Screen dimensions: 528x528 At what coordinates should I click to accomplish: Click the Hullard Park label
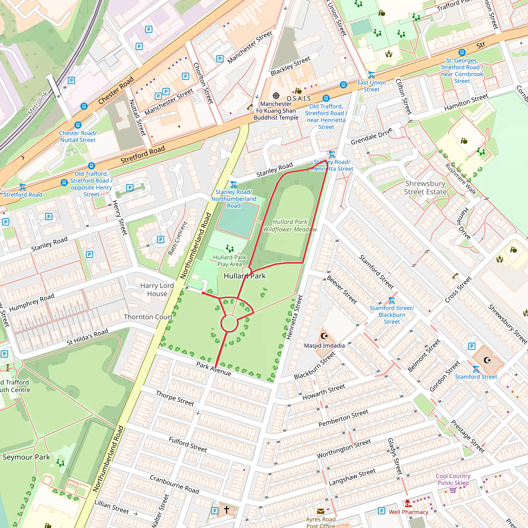[x=244, y=276]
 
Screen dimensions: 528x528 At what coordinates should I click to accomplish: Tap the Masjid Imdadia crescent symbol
[x=324, y=336]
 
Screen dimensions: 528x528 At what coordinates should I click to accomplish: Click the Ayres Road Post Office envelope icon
[x=320, y=511]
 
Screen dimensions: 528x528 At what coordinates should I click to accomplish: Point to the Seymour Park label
[x=26, y=457]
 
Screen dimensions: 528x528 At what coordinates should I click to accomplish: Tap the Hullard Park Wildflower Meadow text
[x=290, y=226]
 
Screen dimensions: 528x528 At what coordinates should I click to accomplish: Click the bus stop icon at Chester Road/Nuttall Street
[x=78, y=125]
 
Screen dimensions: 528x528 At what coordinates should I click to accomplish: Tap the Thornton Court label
[x=148, y=317]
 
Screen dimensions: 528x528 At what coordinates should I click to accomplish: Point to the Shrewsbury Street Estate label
[x=425, y=187]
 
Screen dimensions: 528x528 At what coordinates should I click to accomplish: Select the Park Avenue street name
[x=214, y=369]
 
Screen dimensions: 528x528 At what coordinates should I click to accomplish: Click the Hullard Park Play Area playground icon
[x=229, y=249]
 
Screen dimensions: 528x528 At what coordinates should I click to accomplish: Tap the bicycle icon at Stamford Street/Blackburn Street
[x=392, y=301]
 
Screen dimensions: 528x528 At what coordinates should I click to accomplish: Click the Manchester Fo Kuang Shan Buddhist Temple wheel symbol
[x=276, y=96]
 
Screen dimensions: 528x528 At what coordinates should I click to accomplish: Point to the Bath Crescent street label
[x=178, y=238]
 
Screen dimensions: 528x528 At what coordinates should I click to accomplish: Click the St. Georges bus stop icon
[x=461, y=52]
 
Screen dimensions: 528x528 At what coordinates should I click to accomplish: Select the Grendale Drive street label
[x=372, y=136]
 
